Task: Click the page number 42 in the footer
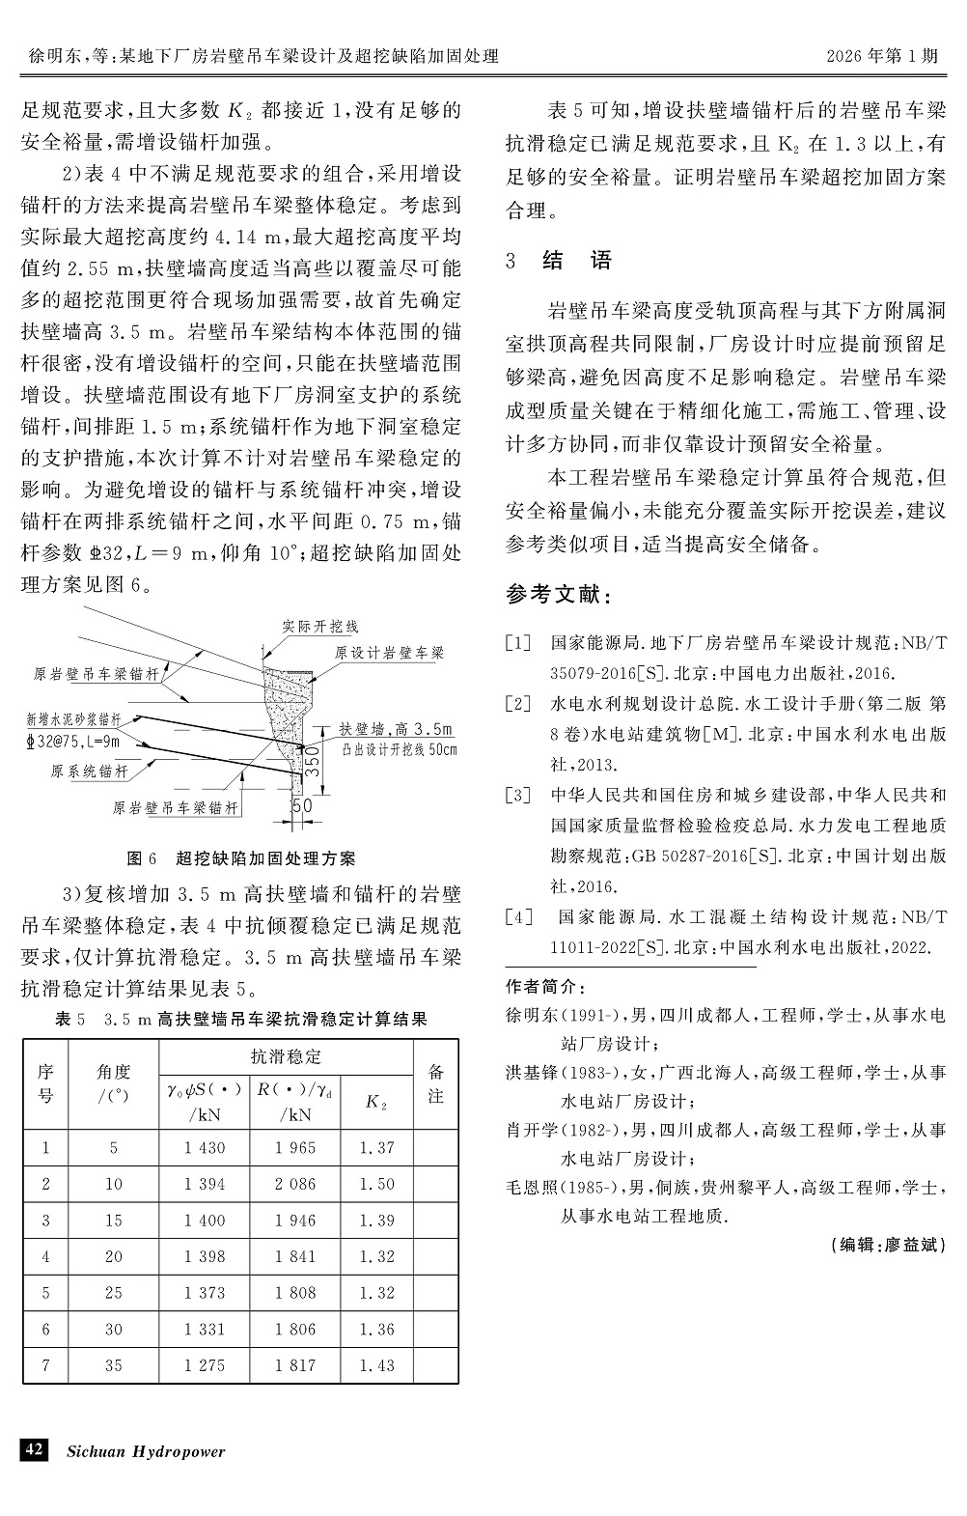click(34, 1450)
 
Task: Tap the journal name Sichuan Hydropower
click(145, 1451)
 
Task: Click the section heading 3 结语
click(559, 260)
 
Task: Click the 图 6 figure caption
click(241, 858)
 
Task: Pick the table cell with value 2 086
click(294, 1184)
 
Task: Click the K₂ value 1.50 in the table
click(376, 1184)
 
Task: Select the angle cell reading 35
click(114, 1365)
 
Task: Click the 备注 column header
click(435, 1083)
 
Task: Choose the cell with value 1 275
click(204, 1365)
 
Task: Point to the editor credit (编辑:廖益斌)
click(888, 1246)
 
